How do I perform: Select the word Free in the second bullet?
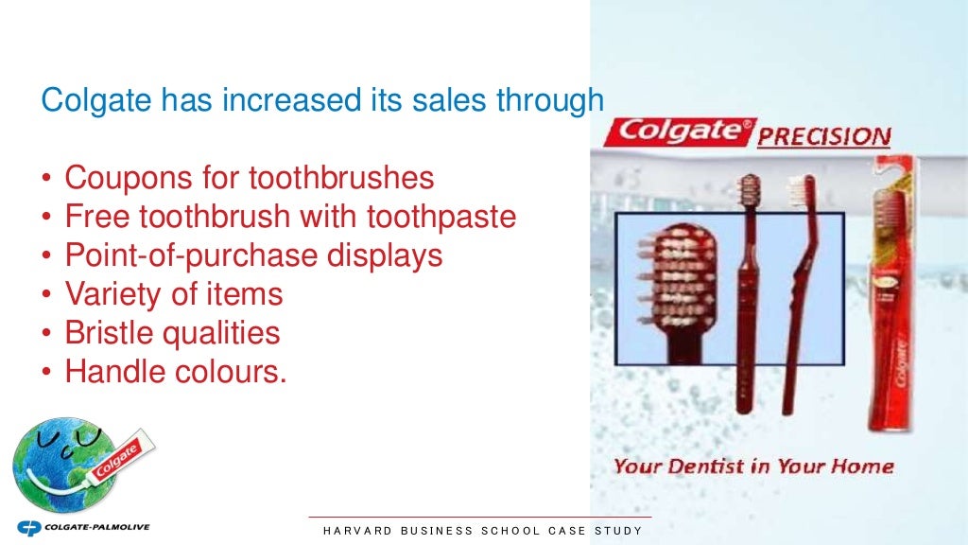tap(97, 217)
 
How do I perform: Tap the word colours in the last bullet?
tap(231, 372)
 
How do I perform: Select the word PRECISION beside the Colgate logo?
tap(823, 136)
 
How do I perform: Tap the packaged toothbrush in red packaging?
tap(891, 303)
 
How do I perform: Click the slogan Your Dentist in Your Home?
tap(753, 466)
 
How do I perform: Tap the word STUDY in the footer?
tap(618, 531)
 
